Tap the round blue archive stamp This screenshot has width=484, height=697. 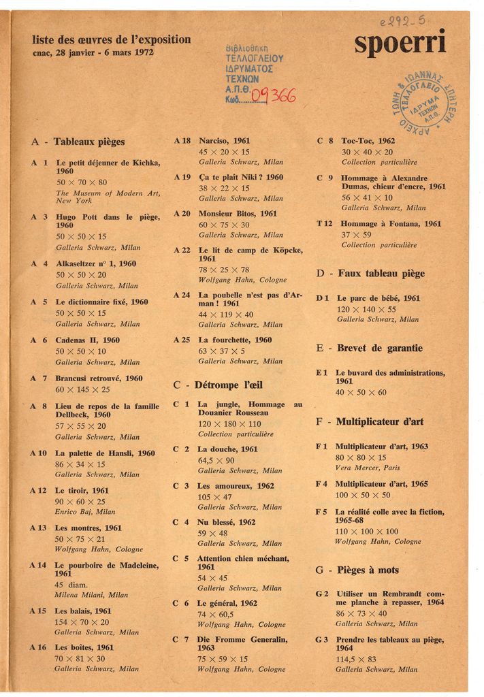click(427, 103)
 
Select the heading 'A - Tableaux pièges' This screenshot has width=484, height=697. click(78, 142)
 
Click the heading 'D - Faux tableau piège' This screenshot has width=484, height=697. click(370, 274)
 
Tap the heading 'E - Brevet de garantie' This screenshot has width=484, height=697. click(369, 348)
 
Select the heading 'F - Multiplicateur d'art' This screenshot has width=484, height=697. click(370, 421)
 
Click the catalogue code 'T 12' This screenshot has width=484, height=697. click(324, 223)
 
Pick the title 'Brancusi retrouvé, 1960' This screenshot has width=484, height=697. click(99, 378)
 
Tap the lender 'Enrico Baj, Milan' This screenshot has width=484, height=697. click(85, 511)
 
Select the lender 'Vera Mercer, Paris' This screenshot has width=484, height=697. click(368, 468)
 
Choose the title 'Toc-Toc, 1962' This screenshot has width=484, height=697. click(368, 141)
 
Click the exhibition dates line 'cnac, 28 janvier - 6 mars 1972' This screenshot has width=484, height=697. click(93, 52)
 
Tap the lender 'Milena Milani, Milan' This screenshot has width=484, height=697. click(91, 594)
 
